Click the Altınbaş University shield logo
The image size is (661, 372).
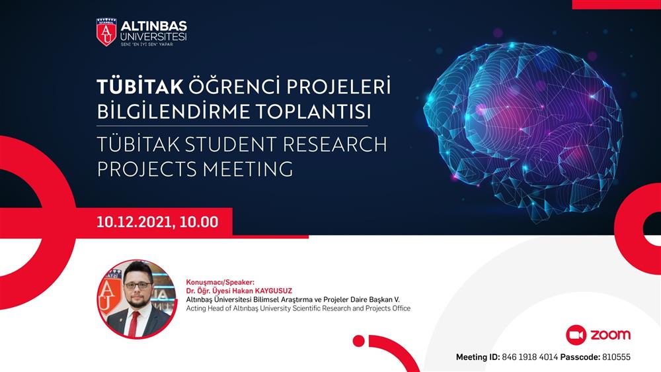(x=106, y=32)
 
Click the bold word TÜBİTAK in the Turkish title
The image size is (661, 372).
(x=140, y=87)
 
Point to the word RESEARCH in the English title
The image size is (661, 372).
(x=334, y=144)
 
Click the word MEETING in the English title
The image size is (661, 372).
(x=248, y=169)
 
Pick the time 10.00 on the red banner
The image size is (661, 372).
(x=199, y=222)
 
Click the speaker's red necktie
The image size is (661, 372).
(x=134, y=324)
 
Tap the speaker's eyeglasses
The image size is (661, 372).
(x=137, y=285)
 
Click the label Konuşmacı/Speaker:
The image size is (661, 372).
(x=221, y=283)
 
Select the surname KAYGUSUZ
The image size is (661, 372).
(x=274, y=291)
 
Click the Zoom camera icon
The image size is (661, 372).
(x=576, y=336)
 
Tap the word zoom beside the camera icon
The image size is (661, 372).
(x=610, y=335)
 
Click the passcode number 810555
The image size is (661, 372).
(x=616, y=357)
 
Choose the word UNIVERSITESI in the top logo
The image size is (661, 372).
(x=153, y=37)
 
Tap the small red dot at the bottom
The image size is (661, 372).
(x=359, y=341)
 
